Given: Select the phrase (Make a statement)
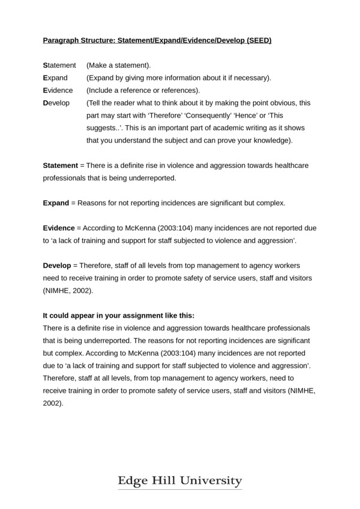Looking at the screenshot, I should coord(119,65).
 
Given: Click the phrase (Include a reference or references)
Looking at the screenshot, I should coord(143,90).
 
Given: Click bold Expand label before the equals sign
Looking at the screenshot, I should coord(56,203).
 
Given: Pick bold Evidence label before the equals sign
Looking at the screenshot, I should coord(58,228).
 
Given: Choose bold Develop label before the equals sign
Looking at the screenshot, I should coord(57,265).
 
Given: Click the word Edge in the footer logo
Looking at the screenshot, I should coord(133,481).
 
